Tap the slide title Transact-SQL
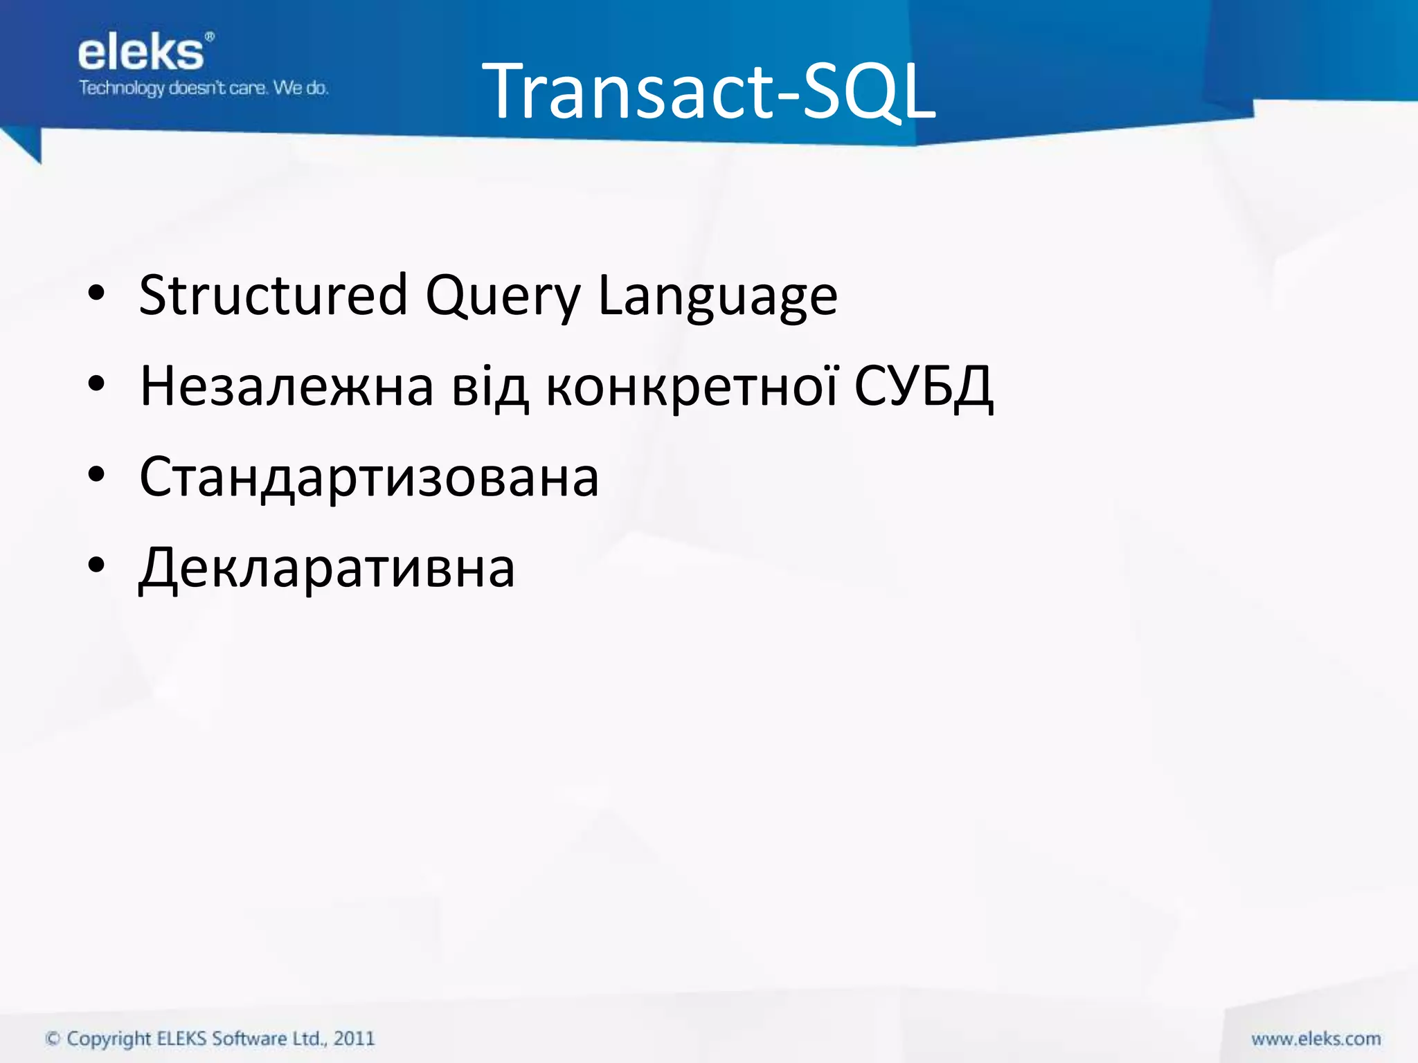coord(708,91)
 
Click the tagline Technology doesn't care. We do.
coord(203,88)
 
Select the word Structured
coord(273,296)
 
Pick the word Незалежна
coord(287,386)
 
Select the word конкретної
coord(692,386)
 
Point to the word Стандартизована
coord(369,478)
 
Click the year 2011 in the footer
coord(354,1038)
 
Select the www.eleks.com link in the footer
coord(1316,1039)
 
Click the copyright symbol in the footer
coord(53,1039)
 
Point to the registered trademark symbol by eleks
coord(210,37)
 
